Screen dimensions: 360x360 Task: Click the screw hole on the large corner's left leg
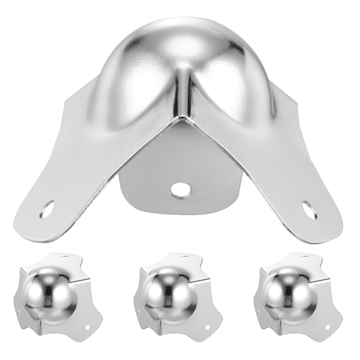(x=47, y=209)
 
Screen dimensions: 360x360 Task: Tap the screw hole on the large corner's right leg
(x=309, y=209)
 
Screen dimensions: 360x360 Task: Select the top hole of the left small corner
(x=67, y=257)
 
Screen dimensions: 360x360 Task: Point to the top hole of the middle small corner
(x=186, y=257)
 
